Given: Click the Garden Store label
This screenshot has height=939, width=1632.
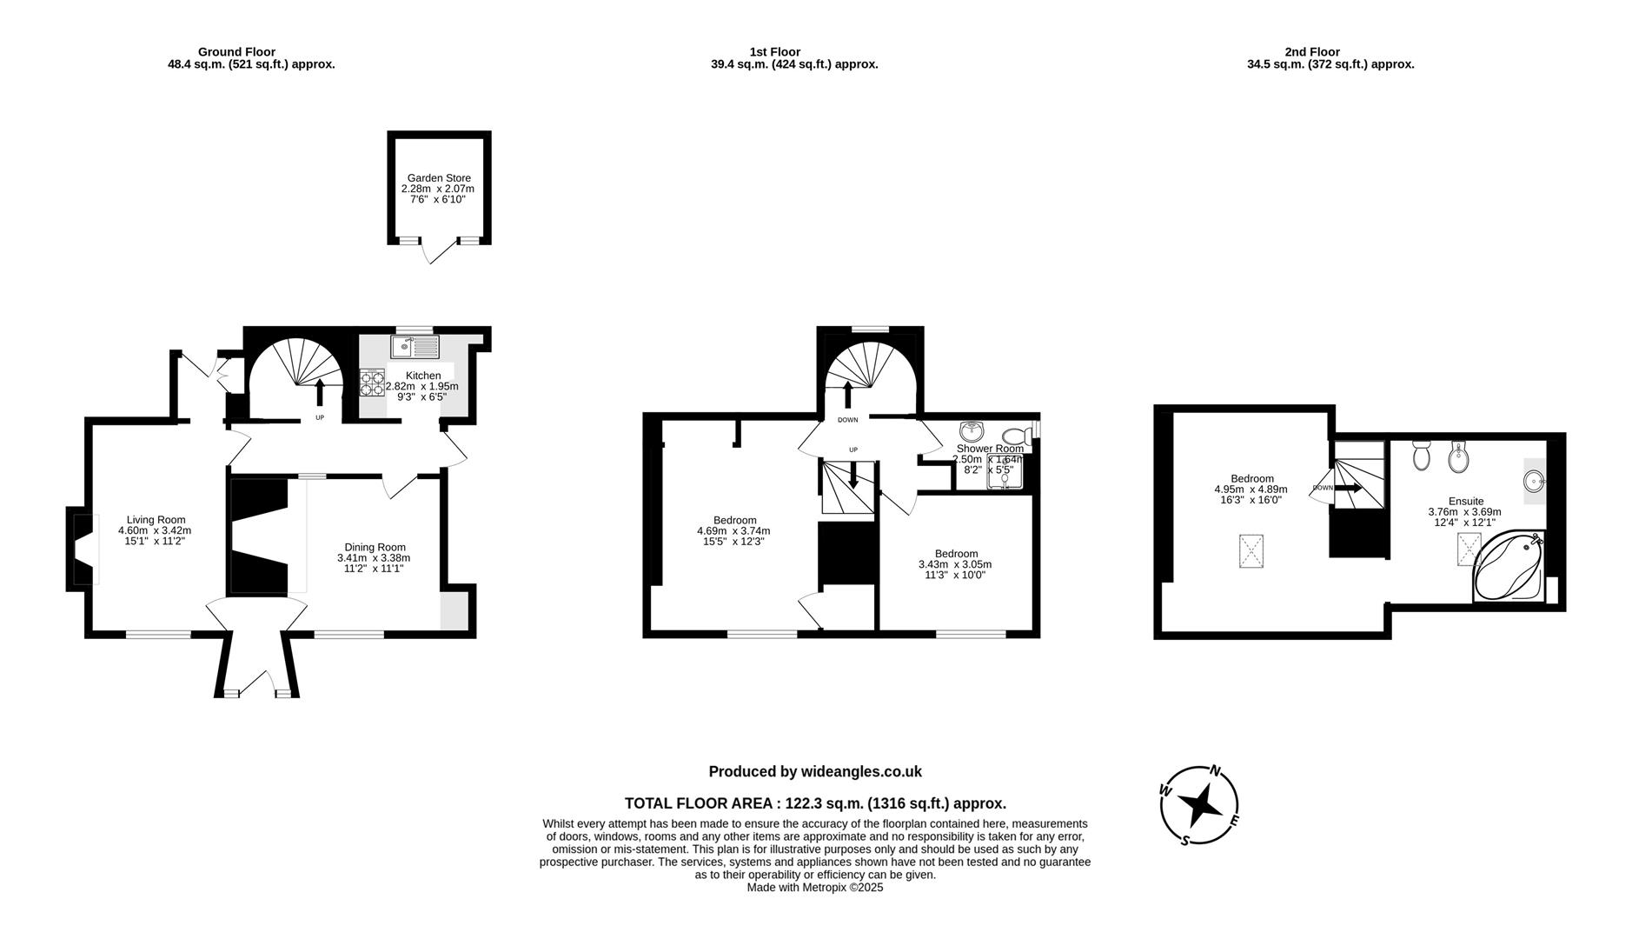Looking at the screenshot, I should pyautogui.click(x=439, y=178).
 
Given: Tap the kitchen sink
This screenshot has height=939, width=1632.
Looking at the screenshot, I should pyautogui.click(x=415, y=348).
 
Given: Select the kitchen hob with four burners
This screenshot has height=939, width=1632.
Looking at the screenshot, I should pyautogui.click(x=373, y=383).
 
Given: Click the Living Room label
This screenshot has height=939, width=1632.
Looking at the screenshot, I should pyautogui.click(x=156, y=520).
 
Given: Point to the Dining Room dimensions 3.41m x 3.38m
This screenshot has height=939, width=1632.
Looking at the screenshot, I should pyautogui.click(x=374, y=558).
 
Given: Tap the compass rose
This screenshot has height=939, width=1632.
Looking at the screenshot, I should pyautogui.click(x=1199, y=805).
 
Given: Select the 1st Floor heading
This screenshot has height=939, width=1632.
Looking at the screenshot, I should pyautogui.click(x=774, y=52).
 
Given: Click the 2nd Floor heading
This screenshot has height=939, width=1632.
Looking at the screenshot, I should pyautogui.click(x=1311, y=52).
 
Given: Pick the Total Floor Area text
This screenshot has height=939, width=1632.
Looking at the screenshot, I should pyautogui.click(x=814, y=803).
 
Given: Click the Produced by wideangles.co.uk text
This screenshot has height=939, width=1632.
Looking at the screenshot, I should pyautogui.click(x=814, y=771).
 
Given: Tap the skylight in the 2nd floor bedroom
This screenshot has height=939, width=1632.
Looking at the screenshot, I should pyautogui.click(x=1251, y=552).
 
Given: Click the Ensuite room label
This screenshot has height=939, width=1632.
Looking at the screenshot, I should pyautogui.click(x=1466, y=501).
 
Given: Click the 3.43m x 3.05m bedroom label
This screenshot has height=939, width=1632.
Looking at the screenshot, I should pyautogui.click(x=955, y=564).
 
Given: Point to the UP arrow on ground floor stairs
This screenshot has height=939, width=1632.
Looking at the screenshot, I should pyautogui.click(x=320, y=391).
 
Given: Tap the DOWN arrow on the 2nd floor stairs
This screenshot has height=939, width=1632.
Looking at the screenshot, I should pyautogui.click(x=1348, y=488).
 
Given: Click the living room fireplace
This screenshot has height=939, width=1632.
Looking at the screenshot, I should pyautogui.click(x=81, y=549).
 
